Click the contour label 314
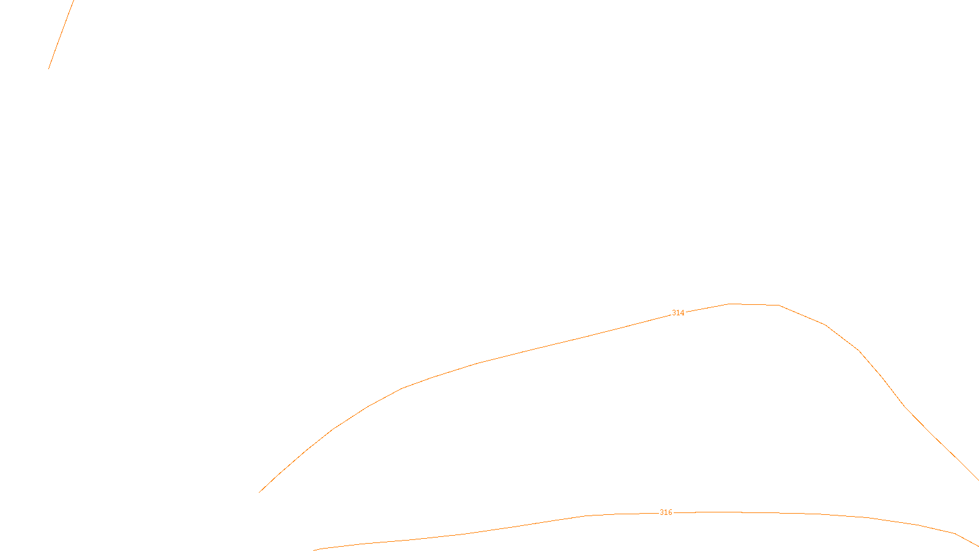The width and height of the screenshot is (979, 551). click(678, 313)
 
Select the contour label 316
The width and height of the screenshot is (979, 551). click(666, 512)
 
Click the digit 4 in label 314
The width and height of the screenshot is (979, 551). click(682, 313)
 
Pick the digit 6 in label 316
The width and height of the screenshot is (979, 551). click(670, 512)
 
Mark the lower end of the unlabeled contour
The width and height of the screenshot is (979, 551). click(49, 68)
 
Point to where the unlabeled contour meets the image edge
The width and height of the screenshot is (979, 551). click(73, 1)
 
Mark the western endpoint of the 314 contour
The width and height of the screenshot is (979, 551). click(259, 492)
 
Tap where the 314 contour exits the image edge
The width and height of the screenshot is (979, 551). click(978, 479)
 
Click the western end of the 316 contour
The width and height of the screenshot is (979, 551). click(314, 550)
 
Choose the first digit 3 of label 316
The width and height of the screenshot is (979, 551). click(661, 512)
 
